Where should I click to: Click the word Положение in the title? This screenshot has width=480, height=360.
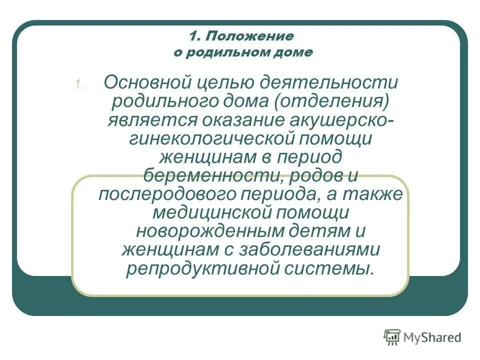coord(248,36)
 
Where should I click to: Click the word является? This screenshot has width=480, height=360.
coord(151,120)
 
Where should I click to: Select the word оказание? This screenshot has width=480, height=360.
coord(244,120)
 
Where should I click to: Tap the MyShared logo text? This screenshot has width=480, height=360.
coord(433,337)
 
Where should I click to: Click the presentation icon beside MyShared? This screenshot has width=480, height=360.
coord(392,337)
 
